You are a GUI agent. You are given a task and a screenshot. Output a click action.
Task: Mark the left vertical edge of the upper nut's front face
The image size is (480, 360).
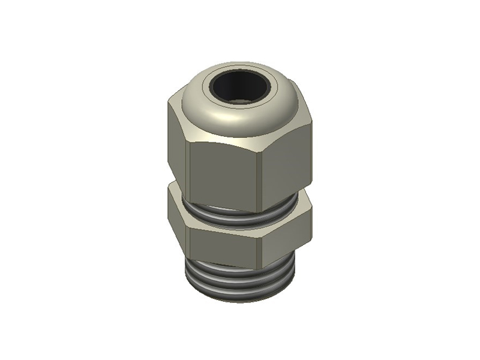pyautogui.click(x=189, y=174)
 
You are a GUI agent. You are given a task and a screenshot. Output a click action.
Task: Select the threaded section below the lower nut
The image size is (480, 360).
pyautogui.click(x=240, y=279)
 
